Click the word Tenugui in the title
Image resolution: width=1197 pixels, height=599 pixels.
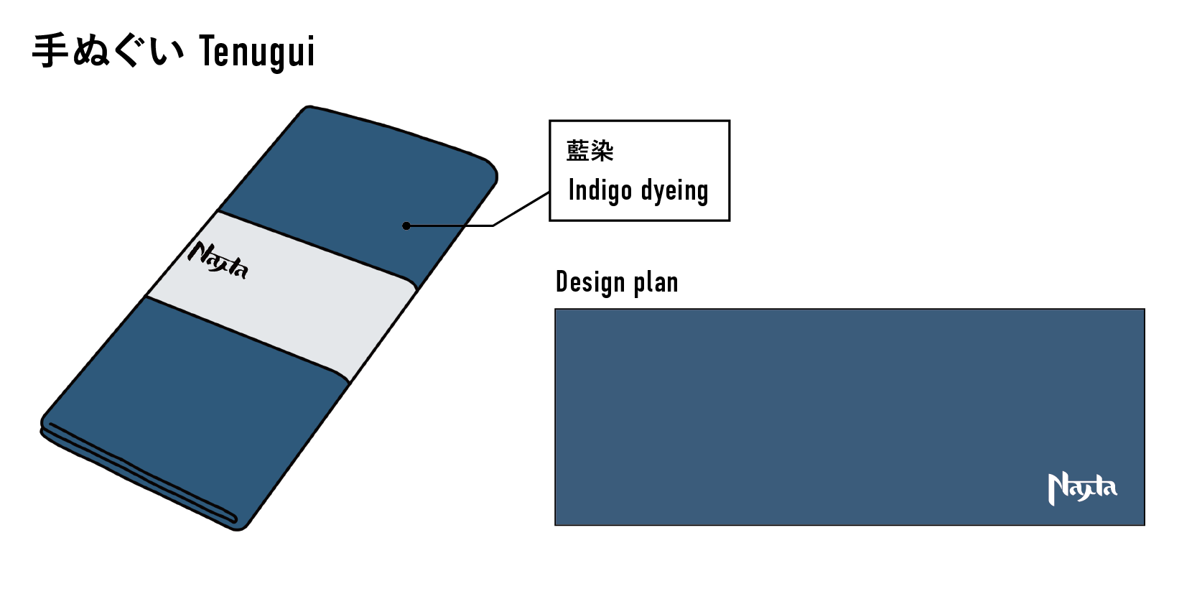tap(256, 52)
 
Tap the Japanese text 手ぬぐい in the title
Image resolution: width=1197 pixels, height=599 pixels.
tap(108, 51)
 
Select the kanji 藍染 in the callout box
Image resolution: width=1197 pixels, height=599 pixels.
tap(590, 151)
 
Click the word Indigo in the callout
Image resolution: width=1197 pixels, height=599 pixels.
tap(600, 190)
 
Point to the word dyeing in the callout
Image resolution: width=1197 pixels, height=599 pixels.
tap(674, 191)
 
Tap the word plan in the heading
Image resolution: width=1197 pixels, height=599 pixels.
tap(656, 282)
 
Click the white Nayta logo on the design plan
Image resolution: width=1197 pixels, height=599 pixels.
tap(1082, 488)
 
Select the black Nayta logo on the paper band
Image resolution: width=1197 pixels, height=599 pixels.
tap(218, 261)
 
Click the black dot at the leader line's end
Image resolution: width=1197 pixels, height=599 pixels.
tap(406, 226)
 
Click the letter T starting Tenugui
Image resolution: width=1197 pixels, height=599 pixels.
tap(208, 52)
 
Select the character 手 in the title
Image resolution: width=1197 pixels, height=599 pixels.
tap(50, 51)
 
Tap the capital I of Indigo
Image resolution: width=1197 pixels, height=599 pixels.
tap(572, 190)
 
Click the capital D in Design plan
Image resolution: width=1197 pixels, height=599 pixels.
tap(562, 282)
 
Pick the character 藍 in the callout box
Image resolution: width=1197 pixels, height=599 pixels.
tap(578, 151)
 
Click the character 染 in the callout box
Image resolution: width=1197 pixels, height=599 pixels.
tap(602, 151)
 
